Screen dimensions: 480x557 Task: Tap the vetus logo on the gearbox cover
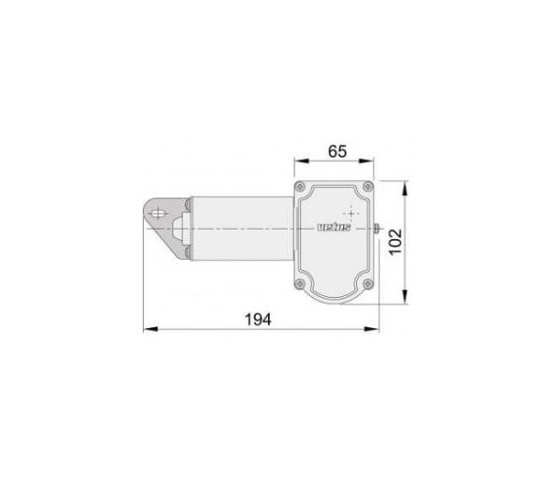click(x=332, y=228)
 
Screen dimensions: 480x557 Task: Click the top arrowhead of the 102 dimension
click(x=404, y=183)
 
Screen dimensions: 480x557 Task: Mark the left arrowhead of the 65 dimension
click(x=296, y=161)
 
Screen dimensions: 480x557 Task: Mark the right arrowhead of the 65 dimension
click(x=375, y=161)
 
